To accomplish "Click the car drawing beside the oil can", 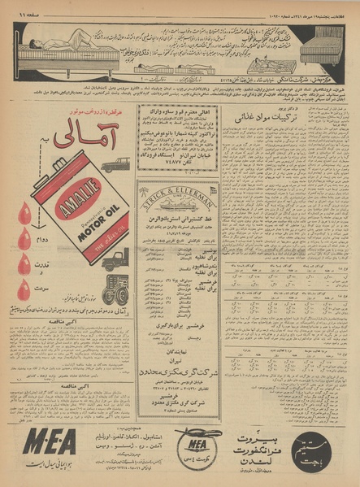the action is pyautogui.click(x=115, y=164).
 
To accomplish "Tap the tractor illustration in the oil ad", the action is pyautogui.click(x=115, y=290).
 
